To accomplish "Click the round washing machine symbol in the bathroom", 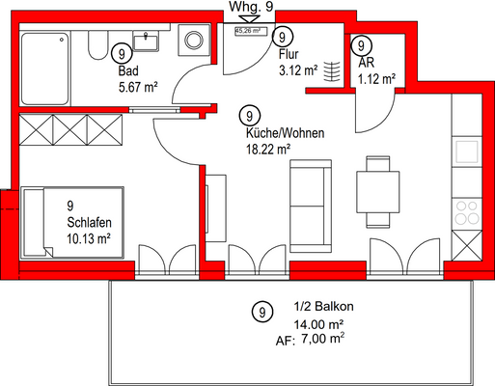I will pyautogui.click(x=194, y=41).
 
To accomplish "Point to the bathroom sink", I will pyautogui.click(x=149, y=41).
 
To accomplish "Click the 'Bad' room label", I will pyautogui.click(x=127, y=71).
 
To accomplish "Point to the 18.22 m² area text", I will pyautogui.click(x=269, y=149).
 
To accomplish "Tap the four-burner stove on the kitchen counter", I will pyautogui.click(x=467, y=213).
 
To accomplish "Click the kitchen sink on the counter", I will pyautogui.click(x=467, y=152).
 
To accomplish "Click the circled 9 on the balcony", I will pyautogui.click(x=259, y=311).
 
